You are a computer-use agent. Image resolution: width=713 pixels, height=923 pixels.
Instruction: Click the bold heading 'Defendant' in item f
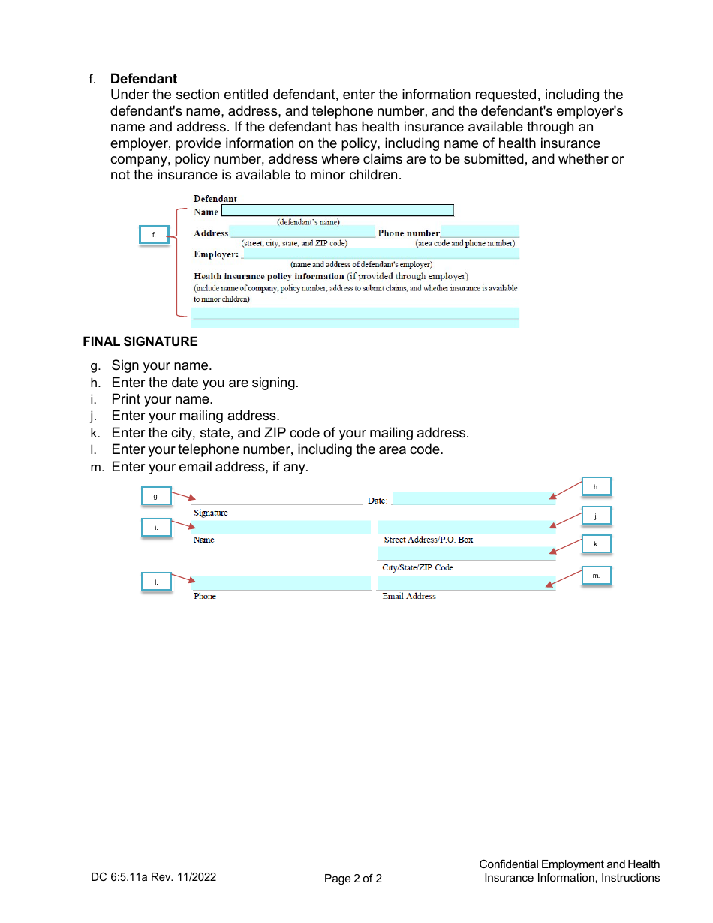pos(143,79)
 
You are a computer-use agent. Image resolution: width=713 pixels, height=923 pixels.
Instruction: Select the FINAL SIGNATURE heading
pos(140,341)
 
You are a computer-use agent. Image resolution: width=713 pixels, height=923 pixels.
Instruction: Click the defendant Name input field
pos(337,211)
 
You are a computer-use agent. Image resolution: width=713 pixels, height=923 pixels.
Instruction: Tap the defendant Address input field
pos(302,232)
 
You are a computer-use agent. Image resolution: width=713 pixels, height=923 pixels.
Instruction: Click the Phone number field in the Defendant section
pos(480,232)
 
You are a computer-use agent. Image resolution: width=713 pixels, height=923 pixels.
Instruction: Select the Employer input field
pos(380,254)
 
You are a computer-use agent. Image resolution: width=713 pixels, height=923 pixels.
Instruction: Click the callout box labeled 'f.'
pos(154,235)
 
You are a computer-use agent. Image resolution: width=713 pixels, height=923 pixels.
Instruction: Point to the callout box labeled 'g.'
pos(156,496)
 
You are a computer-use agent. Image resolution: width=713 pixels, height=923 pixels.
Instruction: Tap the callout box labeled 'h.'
pos(597,487)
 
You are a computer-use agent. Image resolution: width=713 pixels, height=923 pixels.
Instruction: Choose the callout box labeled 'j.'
pos(597,516)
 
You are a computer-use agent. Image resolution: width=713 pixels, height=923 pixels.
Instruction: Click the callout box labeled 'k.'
pos(597,543)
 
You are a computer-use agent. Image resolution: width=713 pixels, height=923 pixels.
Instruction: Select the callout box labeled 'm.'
pos(597,576)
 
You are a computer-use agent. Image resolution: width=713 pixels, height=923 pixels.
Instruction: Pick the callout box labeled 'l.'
pos(156,582)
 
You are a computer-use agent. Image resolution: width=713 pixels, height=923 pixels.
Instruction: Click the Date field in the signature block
pos(474,498)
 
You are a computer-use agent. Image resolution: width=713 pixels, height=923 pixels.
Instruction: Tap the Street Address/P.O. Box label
pos(428,540)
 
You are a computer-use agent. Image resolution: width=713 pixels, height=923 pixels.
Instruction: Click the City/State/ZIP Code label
pos(417,567)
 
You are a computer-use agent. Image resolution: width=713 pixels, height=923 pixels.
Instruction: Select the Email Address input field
pos(466,583)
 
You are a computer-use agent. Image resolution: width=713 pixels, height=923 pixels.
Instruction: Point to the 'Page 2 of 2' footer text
pos(353,879)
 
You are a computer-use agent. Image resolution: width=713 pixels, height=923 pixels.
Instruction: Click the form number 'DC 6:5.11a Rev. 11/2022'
pos(153,876)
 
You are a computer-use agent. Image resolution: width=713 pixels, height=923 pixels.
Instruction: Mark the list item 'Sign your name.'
pos(161,365)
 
